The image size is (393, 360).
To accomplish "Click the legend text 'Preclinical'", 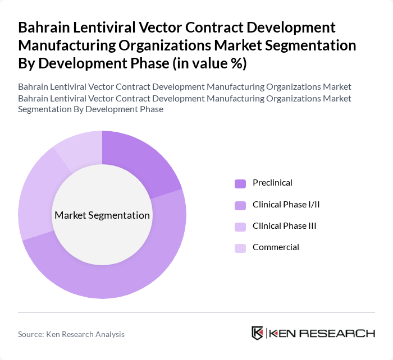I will [x=272, y=183].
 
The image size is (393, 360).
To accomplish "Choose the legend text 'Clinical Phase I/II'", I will [x=286, y=204].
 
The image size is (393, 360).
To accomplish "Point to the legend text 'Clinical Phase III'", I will [x=285, y=225].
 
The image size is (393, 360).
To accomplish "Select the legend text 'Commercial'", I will [x=276, y=247].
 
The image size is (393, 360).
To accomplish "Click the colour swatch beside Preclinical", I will [x=240, y=183].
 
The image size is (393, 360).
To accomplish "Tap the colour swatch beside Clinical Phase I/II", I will [x=240, y=205].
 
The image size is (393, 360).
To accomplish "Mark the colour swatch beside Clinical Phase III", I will [x=240, y=226].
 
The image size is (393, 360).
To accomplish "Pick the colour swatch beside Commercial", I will [x=240, y=247].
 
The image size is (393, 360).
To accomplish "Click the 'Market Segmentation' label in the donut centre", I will [x=102, y=215].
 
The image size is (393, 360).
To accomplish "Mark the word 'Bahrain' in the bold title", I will [x=43, y=27].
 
